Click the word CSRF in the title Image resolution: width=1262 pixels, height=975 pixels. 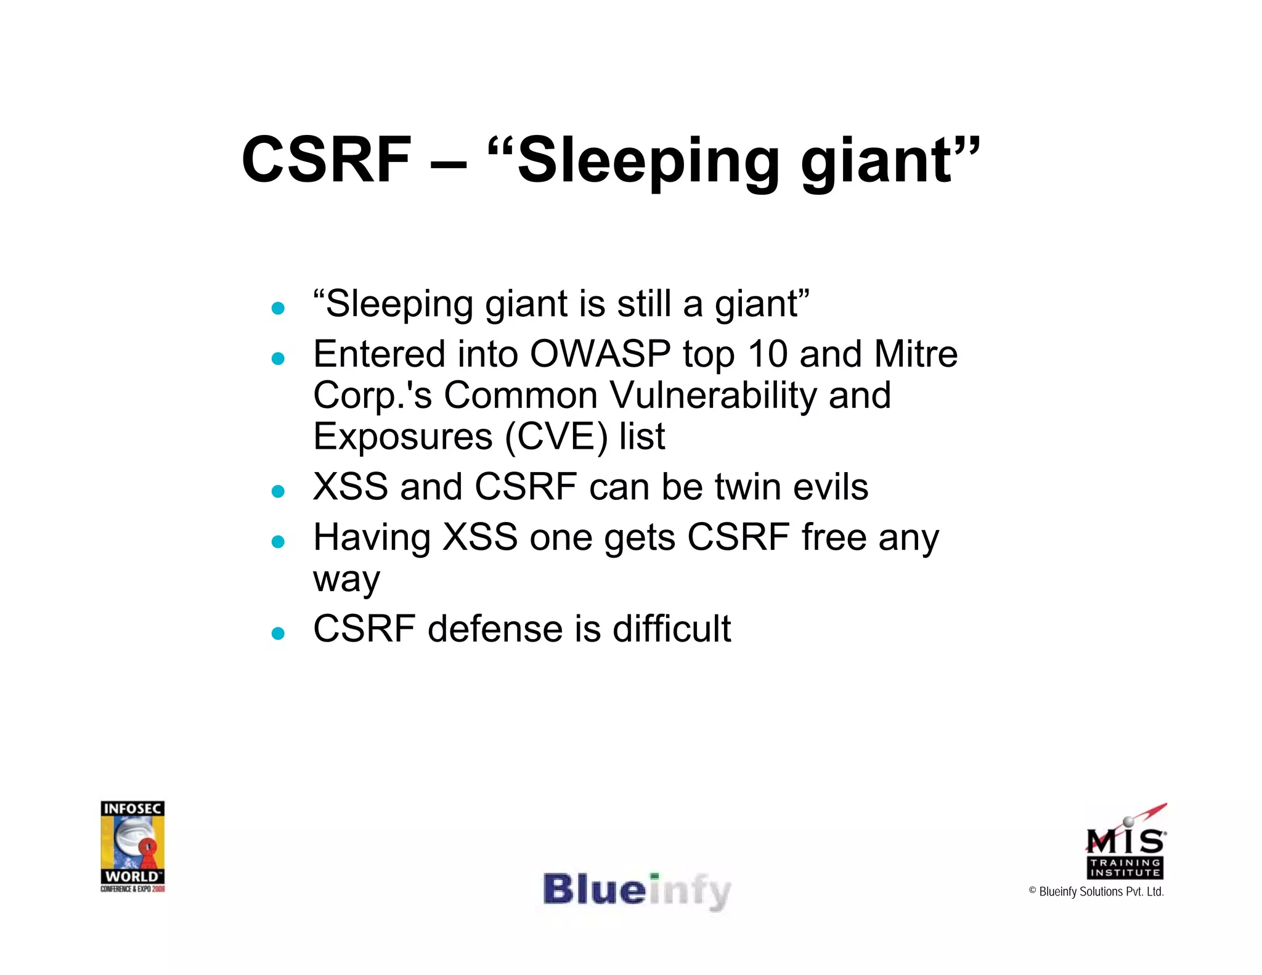[326, 160]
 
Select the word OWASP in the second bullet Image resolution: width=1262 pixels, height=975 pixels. [600, 354]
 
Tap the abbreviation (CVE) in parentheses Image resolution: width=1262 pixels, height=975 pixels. [556, 437]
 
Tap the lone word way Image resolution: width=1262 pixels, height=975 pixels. [346, 580]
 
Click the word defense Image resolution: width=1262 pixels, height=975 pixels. [495, 629]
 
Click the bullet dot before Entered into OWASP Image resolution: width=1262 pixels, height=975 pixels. [278, 359]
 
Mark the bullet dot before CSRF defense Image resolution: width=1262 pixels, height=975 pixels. [278, 634]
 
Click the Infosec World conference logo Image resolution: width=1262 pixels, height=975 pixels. [132, 846]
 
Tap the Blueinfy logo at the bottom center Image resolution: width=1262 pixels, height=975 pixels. [636, 891]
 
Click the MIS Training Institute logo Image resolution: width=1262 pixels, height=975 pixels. [1125, 843]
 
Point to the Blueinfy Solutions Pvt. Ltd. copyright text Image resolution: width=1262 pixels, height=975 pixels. [1096, 892]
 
